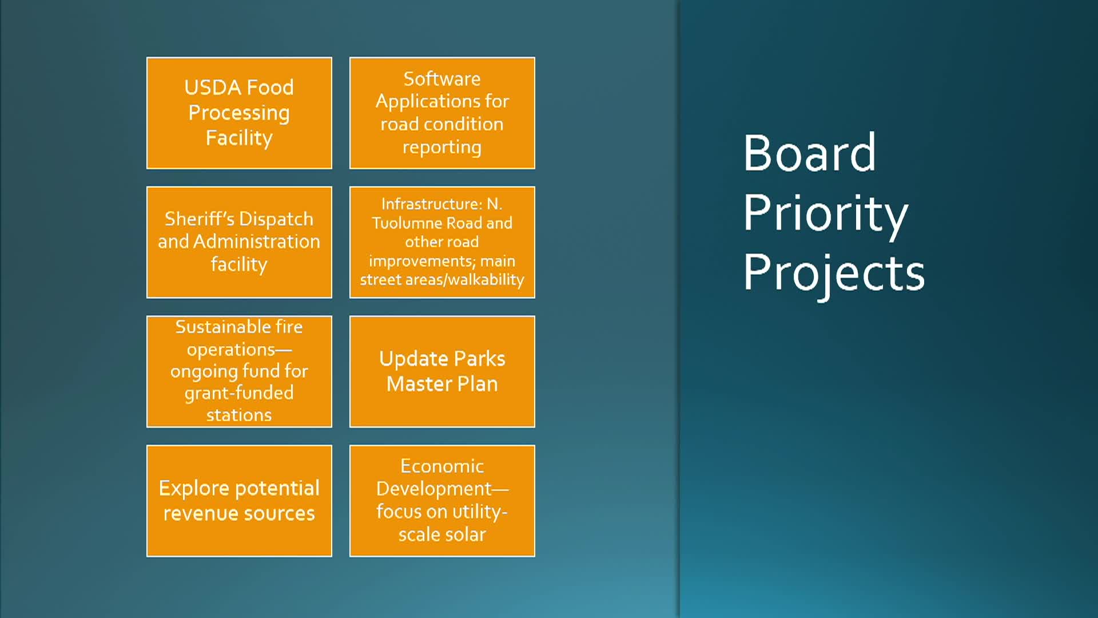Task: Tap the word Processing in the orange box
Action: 239,113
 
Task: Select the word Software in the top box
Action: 442,78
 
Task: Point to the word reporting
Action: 442,148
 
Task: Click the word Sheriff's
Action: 198,219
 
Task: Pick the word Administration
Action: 257,241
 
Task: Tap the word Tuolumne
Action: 405,223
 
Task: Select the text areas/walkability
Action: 465,280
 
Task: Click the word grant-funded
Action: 239,394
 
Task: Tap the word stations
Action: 239,415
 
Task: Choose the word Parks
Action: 479,359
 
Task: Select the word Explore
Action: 194,489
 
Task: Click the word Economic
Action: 442,466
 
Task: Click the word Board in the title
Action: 809,153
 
